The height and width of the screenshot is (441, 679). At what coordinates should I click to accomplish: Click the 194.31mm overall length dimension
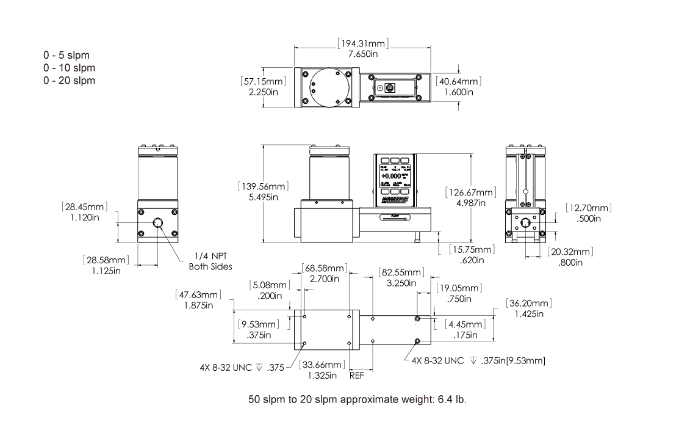363,44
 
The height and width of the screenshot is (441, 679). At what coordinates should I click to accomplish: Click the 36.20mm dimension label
529,304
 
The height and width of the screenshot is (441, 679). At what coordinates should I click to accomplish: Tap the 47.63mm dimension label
197,294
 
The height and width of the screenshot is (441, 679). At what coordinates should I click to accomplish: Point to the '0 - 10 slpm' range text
70,67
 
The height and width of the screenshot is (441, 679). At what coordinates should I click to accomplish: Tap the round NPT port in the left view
158,224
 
